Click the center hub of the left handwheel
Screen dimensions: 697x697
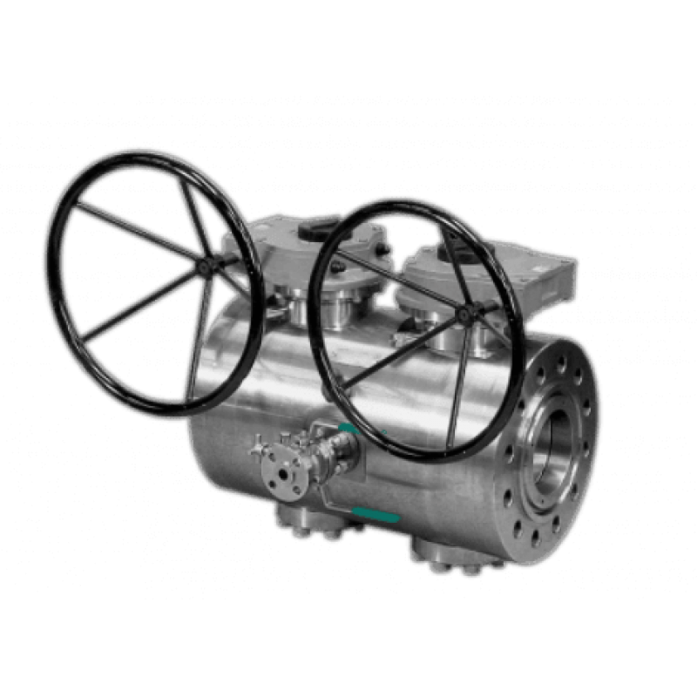tap(206, 262)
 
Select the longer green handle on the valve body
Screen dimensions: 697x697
tap(377, 515)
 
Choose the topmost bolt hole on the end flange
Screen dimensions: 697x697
tap(560, 360)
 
